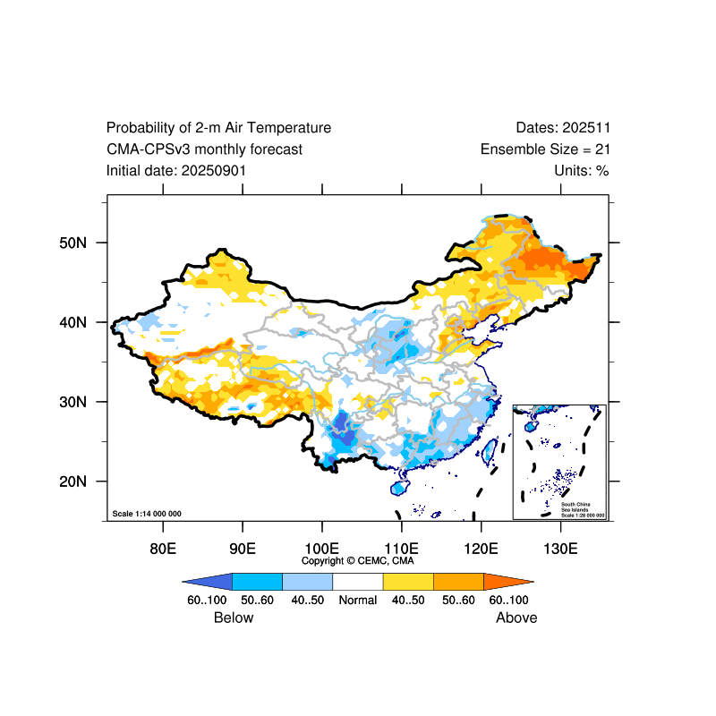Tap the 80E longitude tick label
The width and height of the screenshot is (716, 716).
click(x=163, y=548)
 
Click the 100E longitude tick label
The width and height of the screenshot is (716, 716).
click(x=321, y=548)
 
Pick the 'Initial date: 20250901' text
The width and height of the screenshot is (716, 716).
click(x=176, y=170)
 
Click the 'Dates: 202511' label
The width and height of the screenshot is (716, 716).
click(x=563, y=128)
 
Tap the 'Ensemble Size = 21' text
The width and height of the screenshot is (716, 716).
click(x=545, y=149)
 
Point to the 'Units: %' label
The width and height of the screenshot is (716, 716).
click(x=582, y=170)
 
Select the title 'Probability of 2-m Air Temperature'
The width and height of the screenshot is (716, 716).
click(x=218, y=128)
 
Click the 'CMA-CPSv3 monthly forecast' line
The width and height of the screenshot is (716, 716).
click(x=204, y=149)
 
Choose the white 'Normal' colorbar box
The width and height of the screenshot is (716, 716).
click(x=357, y=582)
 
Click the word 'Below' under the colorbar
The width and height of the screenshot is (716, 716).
click(x=234, y=618)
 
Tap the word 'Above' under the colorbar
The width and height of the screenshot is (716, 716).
click(x=516, y=618)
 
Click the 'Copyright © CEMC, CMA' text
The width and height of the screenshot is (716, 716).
click(x=358, y=560)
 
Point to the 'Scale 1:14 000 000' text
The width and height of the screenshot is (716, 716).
click(x=147, y=514)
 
